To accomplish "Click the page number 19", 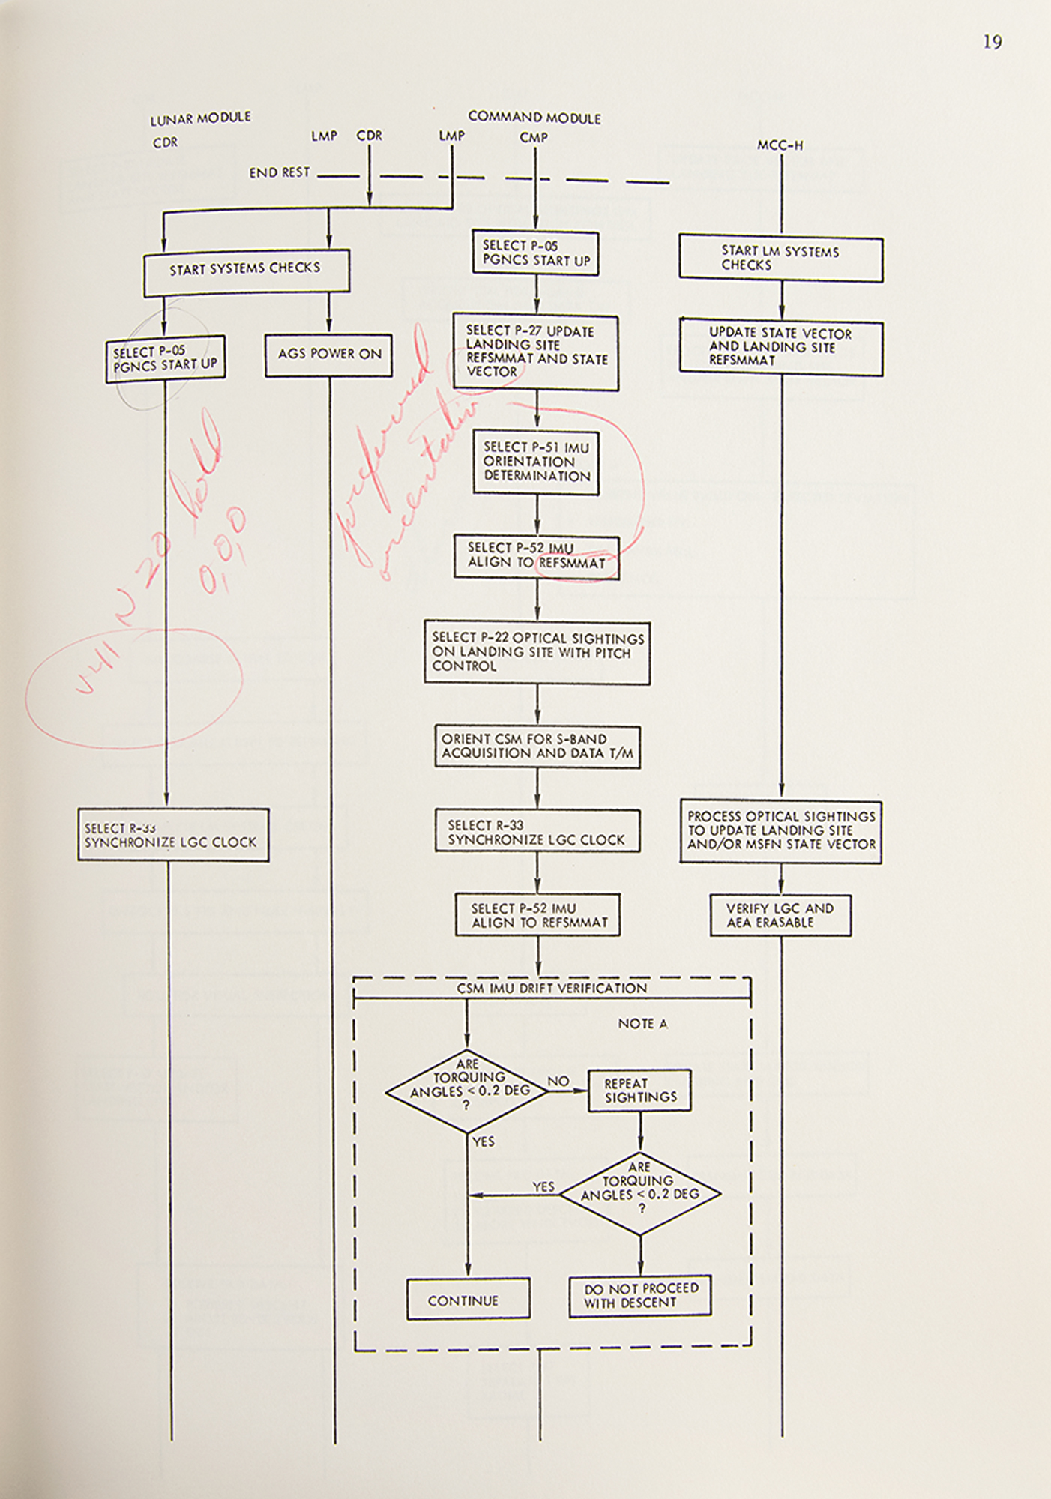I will (x=992, y=43).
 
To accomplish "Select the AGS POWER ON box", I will (x=328, y=355).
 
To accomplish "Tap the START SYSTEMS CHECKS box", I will (x=246, y=270).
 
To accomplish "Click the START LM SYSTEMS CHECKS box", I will (x=780, y=259).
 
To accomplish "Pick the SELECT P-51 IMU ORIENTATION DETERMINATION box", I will (x=536, y=462).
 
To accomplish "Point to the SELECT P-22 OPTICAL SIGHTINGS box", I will (x=537, y=652).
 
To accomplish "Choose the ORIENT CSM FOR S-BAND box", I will (x=537, y=747).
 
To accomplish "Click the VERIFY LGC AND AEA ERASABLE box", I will (x=780, y=915).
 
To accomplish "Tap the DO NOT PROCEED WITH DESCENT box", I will (x=640, y=1296).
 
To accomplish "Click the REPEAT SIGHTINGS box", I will (x=639, y=1091).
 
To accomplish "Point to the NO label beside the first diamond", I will (x=558, y=1081).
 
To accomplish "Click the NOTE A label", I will (x=642, y=1024).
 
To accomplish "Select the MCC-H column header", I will (x=780, y=145).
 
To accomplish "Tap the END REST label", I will (x=279, y=173).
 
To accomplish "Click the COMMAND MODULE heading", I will (x=534, y=118).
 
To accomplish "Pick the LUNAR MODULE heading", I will (x=200, y=118).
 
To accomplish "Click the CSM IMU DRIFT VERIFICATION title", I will (x=552, y=989).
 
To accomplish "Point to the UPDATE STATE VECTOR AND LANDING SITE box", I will (x=780, y=347).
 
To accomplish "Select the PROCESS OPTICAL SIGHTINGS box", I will (x=780, y=830).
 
